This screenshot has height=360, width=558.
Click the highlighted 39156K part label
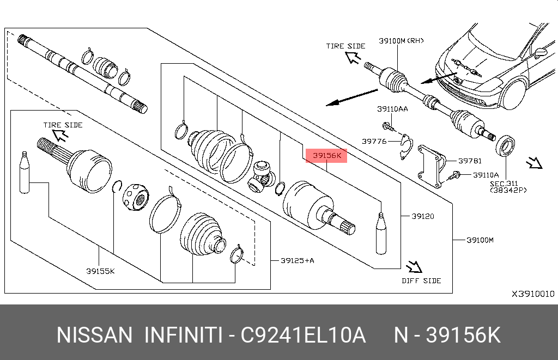click(326, 156)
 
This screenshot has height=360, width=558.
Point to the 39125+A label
click(297, 260)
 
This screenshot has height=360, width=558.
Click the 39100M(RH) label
click(401, 40)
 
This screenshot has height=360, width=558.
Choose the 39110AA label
click(392, 109)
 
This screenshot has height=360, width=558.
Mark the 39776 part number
click(374, 141)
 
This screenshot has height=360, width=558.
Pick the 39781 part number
click(469, 161)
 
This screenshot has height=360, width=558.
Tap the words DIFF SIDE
click(421, 280)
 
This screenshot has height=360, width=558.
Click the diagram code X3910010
click(532, 294)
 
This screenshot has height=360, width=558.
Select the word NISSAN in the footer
click(94, 335)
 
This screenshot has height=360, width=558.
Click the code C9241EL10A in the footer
click(304, 335)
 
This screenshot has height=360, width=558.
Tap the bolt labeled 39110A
click(456, 175)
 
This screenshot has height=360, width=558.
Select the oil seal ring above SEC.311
click(505, 146)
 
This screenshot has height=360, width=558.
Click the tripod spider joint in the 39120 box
click(262, 176)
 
